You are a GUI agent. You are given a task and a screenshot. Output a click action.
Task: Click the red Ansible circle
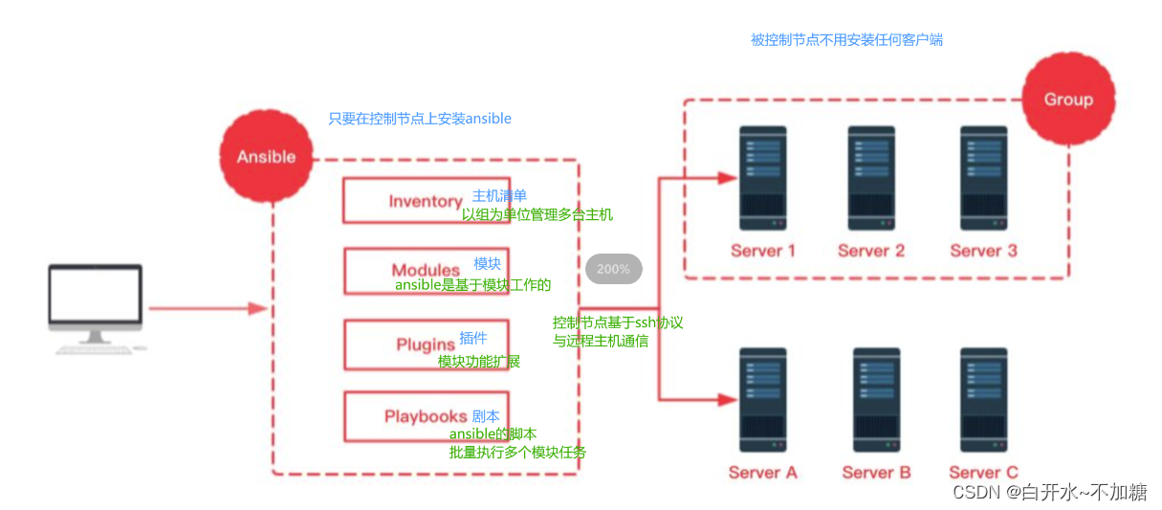tap(265, 156)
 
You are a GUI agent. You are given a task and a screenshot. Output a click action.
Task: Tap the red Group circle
tap(1067, 99)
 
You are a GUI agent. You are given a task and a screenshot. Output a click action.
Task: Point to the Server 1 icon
tap(762, 177)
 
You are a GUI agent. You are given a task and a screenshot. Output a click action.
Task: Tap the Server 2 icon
tap(871, 177)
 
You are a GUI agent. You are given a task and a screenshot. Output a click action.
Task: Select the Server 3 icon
tap(983, 177)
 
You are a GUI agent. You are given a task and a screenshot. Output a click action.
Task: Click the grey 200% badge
tap(613, 269)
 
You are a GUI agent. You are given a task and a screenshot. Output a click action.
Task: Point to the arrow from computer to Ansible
tap(206, 308)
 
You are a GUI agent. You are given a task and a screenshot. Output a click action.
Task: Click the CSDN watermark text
tap(1049, 492)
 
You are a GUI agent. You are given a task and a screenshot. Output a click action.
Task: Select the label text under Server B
tap(876, 472)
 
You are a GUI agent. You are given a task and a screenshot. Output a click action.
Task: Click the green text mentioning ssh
tap(618, 331)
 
